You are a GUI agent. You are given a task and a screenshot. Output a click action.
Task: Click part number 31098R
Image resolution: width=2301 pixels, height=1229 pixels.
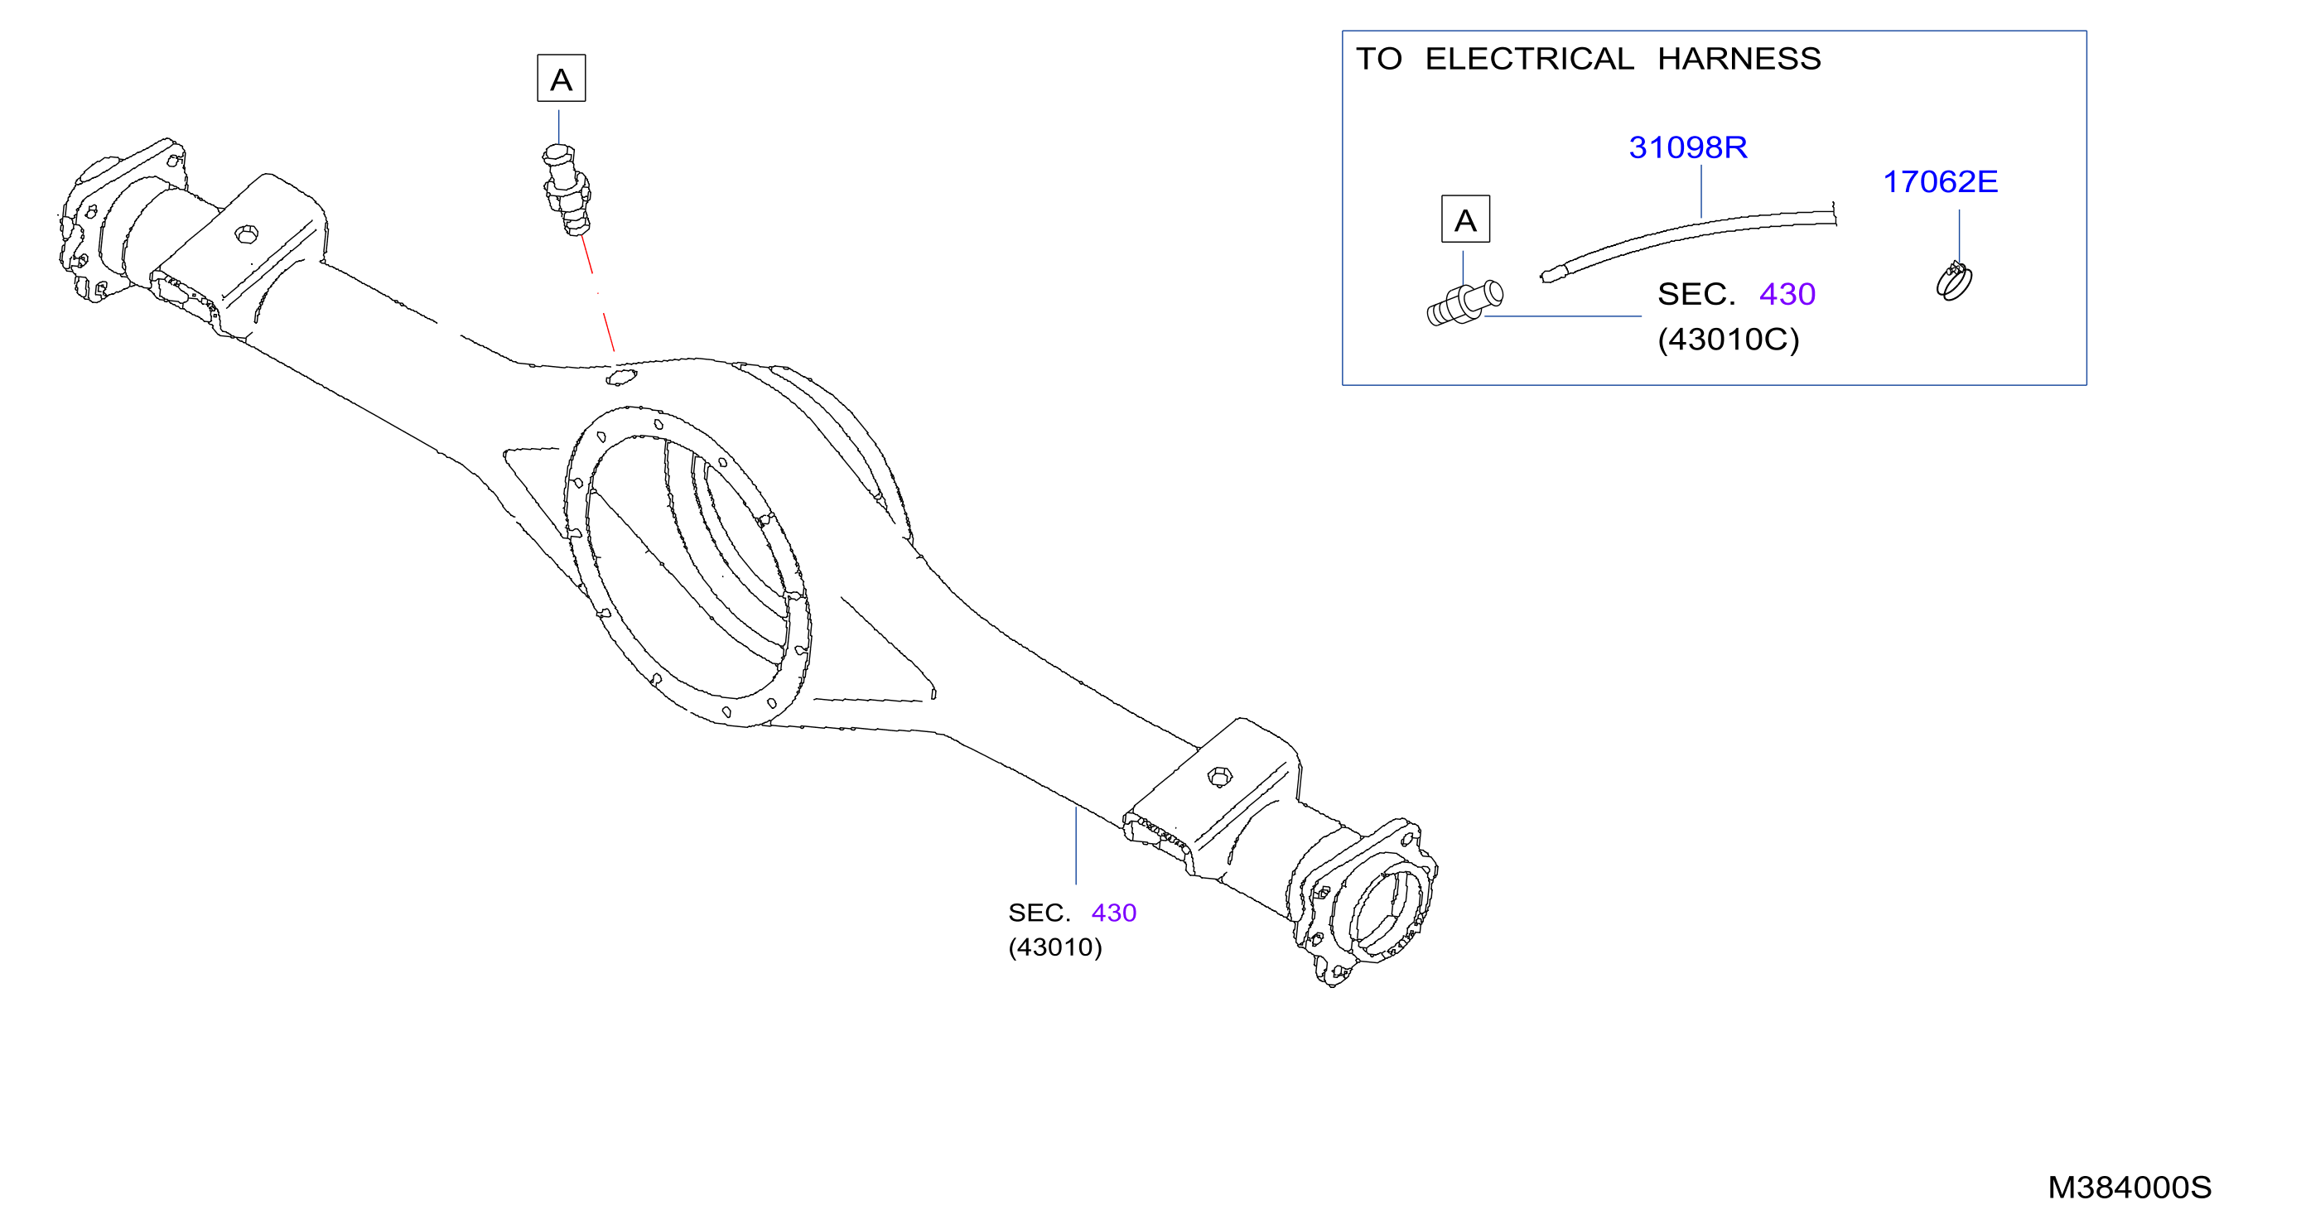pos(1687,147)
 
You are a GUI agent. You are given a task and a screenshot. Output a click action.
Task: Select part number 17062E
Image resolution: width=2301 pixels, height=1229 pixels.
pos(1940,182)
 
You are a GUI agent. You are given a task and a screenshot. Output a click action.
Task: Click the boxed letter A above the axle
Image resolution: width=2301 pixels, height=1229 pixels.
pos(561,79)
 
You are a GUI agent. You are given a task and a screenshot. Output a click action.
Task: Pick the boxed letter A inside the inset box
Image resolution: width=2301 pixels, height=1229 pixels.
pos(1465,219)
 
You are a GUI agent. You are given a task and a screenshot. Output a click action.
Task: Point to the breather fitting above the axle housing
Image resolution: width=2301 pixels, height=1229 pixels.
pos(567,190)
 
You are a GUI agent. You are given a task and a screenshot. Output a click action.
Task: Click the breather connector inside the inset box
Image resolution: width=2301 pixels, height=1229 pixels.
pos(1465,304)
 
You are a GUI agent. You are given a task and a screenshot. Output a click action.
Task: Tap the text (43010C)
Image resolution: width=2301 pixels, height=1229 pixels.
pos(1728,340)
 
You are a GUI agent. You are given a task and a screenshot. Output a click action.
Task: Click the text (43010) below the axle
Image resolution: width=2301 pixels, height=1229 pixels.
pos(1055,947)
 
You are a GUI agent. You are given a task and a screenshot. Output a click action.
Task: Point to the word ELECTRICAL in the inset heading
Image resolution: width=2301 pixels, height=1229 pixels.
pos(1529,59)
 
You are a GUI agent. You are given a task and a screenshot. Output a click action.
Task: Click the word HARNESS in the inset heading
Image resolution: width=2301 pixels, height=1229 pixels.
pos(1739,59)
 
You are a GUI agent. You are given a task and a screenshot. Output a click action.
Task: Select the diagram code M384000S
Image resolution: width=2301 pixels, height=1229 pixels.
pos(2130,1187)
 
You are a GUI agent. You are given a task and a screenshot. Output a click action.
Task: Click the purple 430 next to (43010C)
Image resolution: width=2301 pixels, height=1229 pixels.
pos(1787,294)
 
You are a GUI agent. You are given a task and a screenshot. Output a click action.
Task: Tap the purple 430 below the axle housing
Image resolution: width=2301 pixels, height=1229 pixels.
pos(1114,913)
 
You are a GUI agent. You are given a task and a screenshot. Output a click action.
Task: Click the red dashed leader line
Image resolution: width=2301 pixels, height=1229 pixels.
pos(597,293)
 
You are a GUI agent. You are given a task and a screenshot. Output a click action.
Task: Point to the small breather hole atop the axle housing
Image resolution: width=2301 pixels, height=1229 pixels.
pos(620,378)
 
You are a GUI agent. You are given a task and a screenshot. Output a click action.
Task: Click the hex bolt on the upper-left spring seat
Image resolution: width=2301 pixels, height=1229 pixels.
pos(247,234)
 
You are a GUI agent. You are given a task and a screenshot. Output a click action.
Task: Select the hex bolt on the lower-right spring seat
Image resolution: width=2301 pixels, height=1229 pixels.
pos(1219,776)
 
